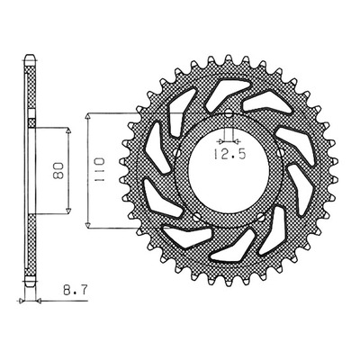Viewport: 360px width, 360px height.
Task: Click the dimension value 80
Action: [58, 171]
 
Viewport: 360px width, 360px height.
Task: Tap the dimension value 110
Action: [99, 169]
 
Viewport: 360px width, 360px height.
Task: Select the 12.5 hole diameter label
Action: [229, 154]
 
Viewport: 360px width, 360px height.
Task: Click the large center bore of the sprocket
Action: [229, 169]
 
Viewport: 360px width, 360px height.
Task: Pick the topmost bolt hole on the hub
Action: [229, 114]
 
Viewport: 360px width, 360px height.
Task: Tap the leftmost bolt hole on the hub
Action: [176, 153]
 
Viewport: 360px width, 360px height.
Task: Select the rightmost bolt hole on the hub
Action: [280, 152]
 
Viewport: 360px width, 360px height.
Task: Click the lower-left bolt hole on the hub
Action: [196, 217]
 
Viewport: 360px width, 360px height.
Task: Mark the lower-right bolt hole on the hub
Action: [262, 217]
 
